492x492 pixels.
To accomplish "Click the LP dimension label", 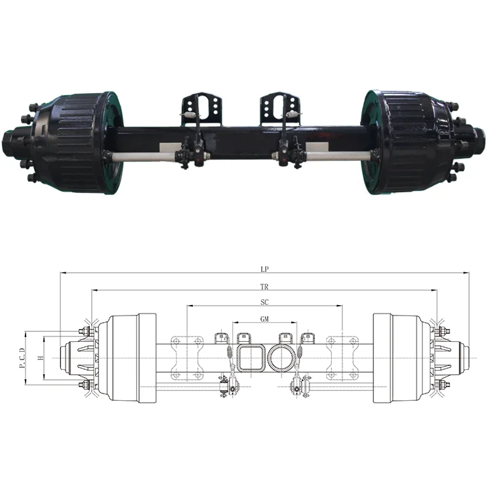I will (x=264, y=269).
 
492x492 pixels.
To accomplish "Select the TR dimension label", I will (x=264, y=287).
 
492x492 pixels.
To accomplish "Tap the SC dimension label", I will (x=264, y=302).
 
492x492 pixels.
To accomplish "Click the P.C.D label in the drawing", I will (x=22, y=358).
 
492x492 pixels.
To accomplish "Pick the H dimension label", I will (x=40, y=358).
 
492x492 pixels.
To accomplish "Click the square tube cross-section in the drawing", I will (x=250, y=358).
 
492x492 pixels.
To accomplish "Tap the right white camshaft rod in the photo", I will (x=335, y=156).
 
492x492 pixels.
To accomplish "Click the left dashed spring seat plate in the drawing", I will (x=186, y=358).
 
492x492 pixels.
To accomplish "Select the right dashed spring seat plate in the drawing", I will (x=342, y=358).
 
